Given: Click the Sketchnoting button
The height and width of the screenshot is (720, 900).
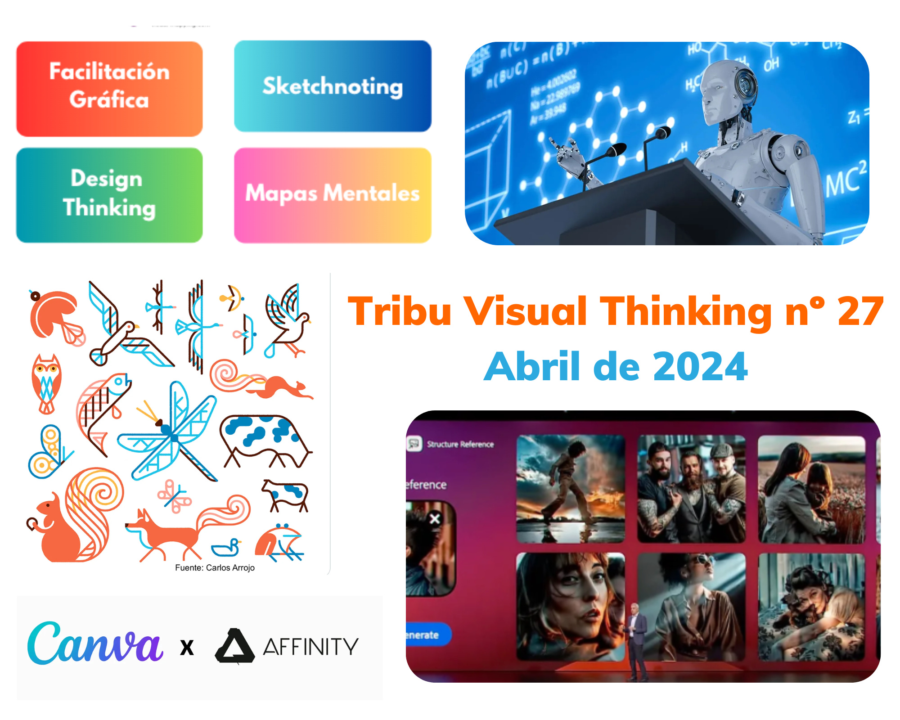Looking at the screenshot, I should click(x=333, y=86).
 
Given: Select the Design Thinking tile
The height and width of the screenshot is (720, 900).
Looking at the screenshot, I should click(x=109, y=195).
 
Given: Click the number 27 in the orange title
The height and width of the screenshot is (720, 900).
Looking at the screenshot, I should click(x=860, y=311).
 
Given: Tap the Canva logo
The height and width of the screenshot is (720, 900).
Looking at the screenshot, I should click(x=94, y=643).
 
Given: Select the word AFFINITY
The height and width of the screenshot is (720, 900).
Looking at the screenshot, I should click(x=311, y=647).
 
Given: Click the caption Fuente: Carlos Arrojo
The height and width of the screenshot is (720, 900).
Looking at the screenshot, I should click(x=215, y=568).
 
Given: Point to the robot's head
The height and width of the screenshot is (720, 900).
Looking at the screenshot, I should click(x=724, y=88).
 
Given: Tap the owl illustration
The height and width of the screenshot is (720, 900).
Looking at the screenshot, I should click(x=46, y=382).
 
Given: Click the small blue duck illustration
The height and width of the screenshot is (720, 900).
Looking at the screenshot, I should click(x=226, y=548).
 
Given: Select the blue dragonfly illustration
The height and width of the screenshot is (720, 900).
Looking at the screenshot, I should click(x=171, y=432).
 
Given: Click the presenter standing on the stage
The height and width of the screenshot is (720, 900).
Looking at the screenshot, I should click(x=635, y=639).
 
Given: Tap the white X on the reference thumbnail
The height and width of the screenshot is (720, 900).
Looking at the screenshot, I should click(x=435, y=519).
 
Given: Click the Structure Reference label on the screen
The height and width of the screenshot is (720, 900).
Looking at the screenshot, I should click(x=460, y=444).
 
